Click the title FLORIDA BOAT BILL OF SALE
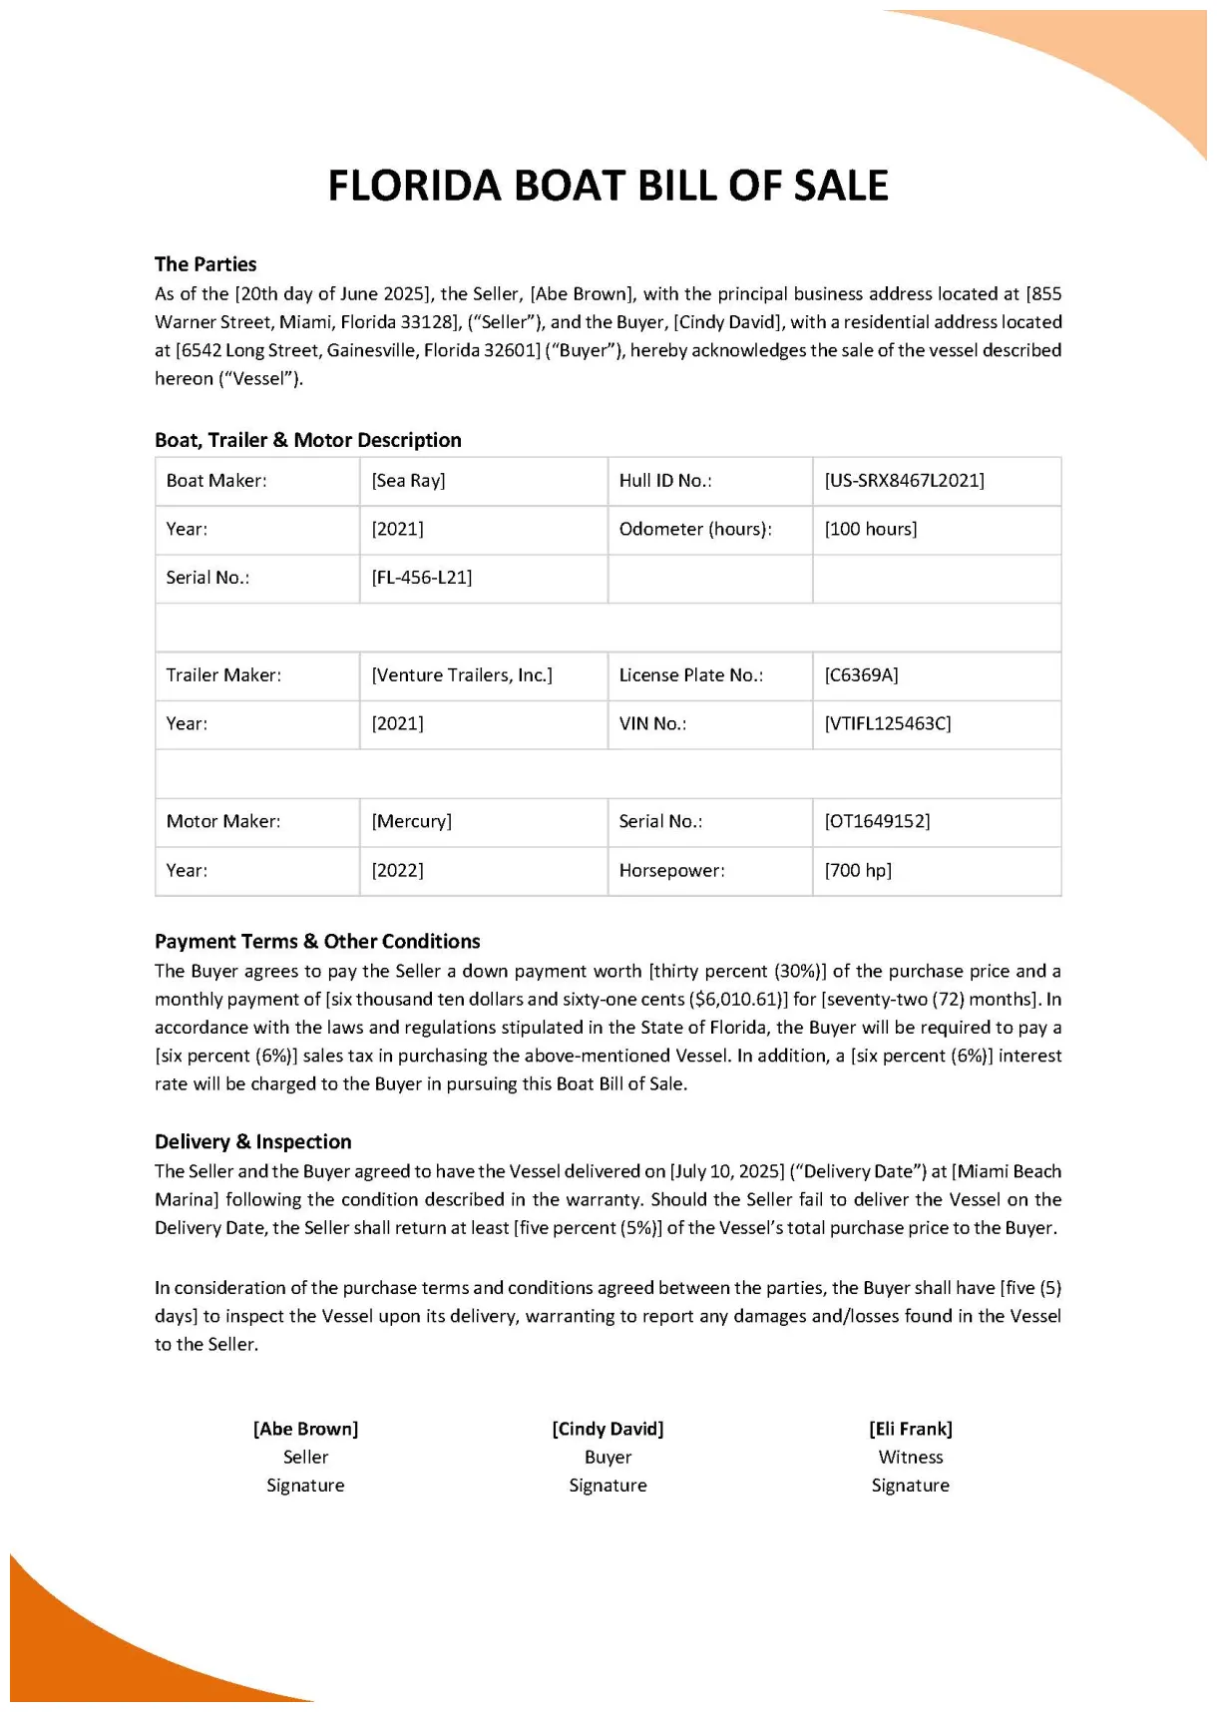click(x=608, y=187)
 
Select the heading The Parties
click(x=205, y=264)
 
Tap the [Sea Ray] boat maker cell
click(x=408, y=481)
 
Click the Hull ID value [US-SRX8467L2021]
click(x=904, y=481)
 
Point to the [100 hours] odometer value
click(x=870, y=529)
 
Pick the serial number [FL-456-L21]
click(x=421, y=578)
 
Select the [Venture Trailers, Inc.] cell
click(x=462, y=675)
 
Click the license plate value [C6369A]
click(x=861, y=675)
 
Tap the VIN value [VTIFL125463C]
click(x=887, y=723)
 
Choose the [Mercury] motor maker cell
click(x=411, y=821)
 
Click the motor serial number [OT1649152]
click(x=877, y=821)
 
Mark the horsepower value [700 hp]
click(x=858, y=870)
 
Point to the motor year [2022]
click(x=397, y=870)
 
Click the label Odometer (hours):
click(x=695, y=529)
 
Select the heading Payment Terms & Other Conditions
click(x=317, y=941)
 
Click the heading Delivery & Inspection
click(x=252, y=1141)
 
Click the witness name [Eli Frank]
click(x=910, y=1429)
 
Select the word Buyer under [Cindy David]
click(x=608, y=1457)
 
